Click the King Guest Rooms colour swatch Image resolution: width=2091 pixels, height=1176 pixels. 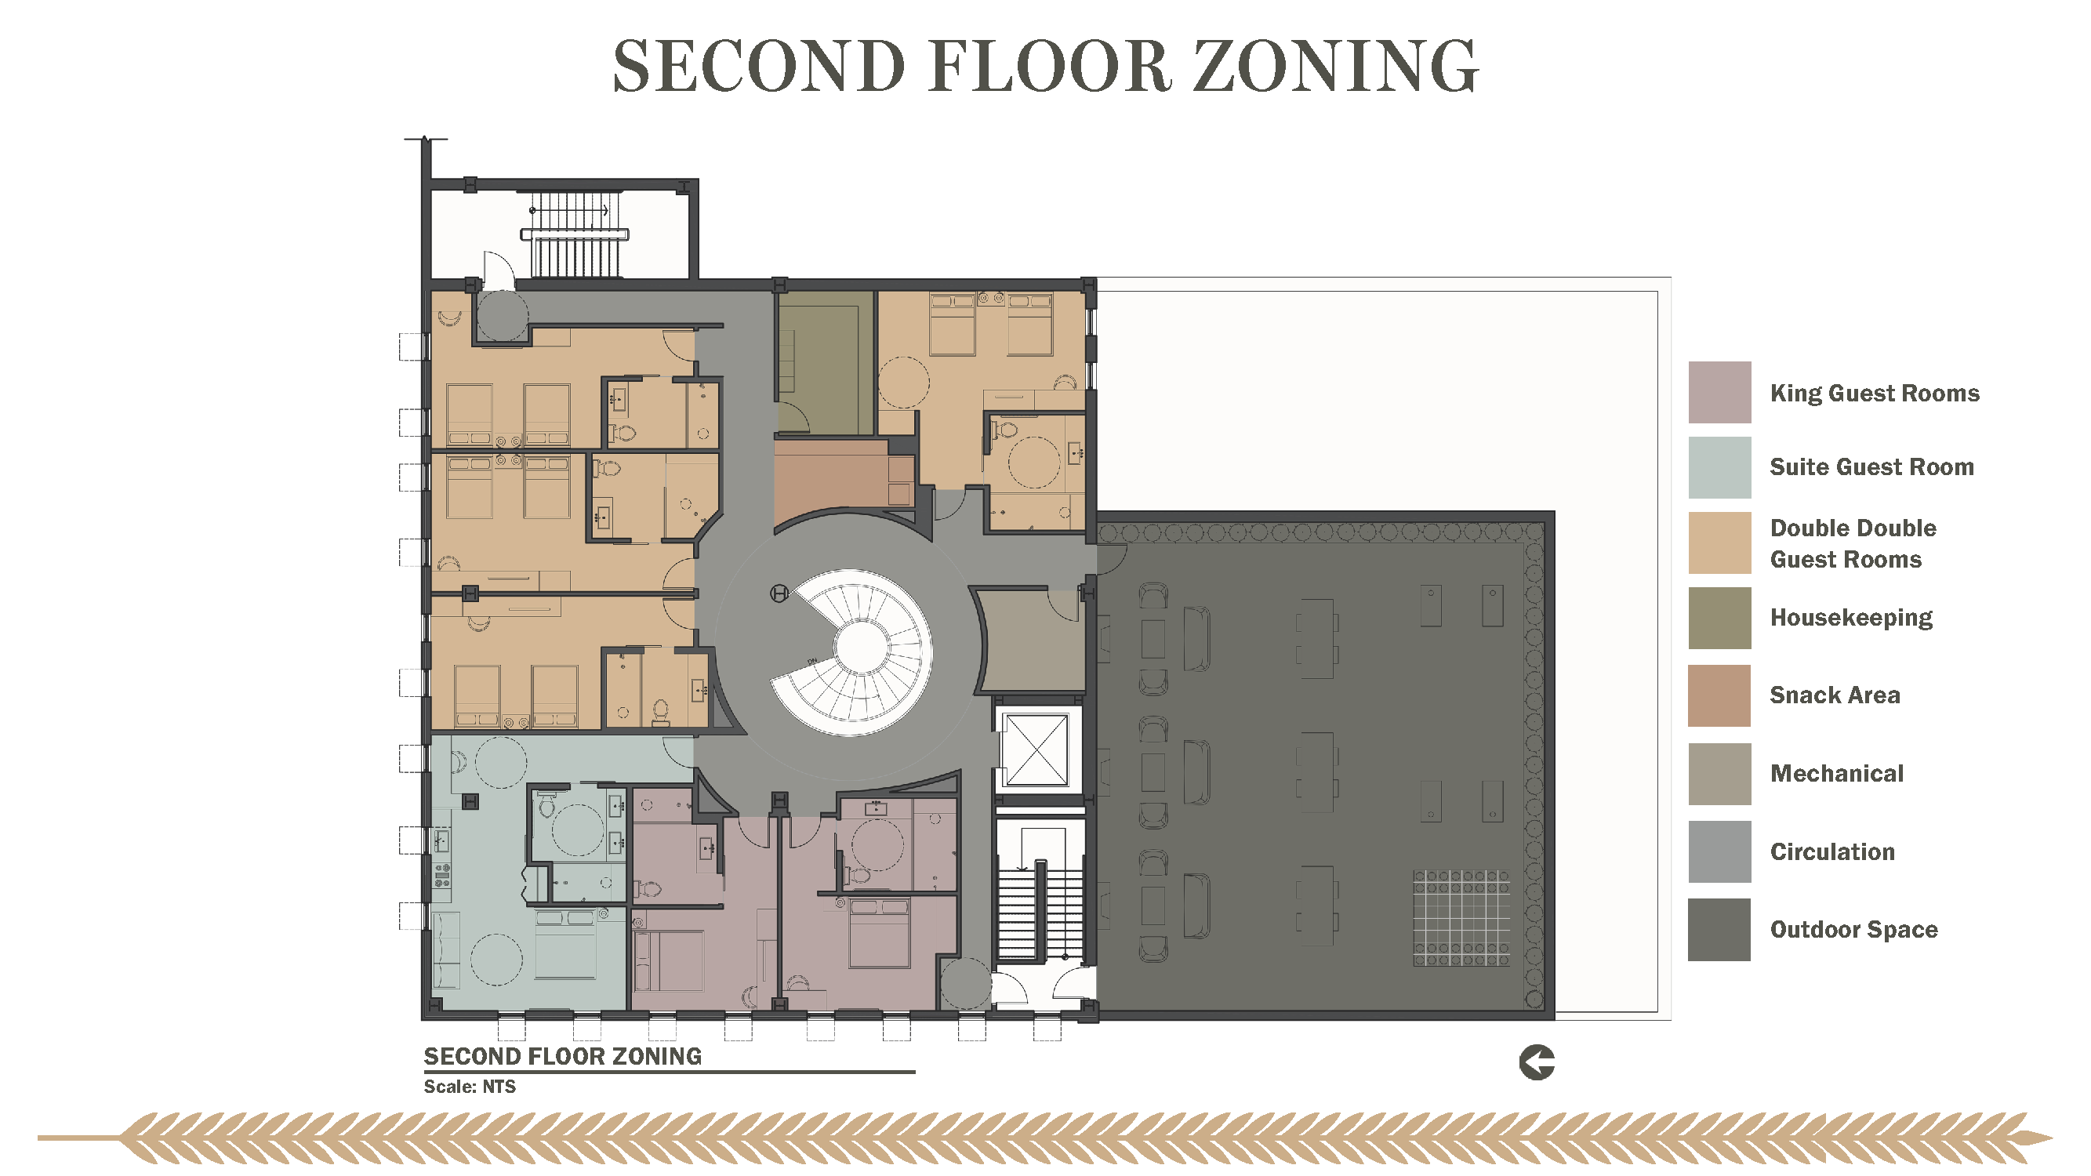(x=1719, y=392)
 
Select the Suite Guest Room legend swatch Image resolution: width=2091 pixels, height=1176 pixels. (x=1719, y=467)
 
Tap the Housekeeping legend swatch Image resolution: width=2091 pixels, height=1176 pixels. (x=1719, y=618)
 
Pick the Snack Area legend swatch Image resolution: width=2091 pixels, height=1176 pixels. (x=1719, y=695)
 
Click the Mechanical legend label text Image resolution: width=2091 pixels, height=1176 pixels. (x=1836, y=774)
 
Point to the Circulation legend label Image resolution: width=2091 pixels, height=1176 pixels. (x=1832, y=851)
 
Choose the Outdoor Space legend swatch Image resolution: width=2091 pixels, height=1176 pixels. (x=1719, y=929)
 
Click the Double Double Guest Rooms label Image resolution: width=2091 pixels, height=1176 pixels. (x=1853, y=544)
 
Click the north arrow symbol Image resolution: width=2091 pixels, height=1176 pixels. (x=1537, y=1062)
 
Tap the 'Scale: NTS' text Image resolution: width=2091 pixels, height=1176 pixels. (x=469, y=1087)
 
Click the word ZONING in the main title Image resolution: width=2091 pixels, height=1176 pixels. (x=1335, y=66)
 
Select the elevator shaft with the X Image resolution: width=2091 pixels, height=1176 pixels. (x=1036, y=750)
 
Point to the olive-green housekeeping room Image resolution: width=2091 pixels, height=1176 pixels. (x=826, y=363)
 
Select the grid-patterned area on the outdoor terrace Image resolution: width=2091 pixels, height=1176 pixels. (x=1461, y=918)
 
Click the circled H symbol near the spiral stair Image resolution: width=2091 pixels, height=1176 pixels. (x=779, y=594)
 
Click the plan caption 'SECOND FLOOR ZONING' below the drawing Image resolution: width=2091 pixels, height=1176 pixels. (x=562, y=1056)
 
